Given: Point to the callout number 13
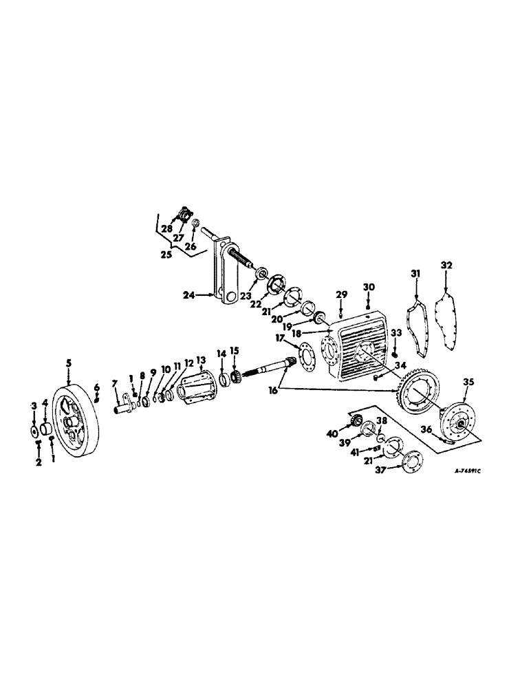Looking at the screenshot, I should tap(201, 361).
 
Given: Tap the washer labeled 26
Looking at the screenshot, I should tap(195, 224).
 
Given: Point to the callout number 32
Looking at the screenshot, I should tap(446, 264).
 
